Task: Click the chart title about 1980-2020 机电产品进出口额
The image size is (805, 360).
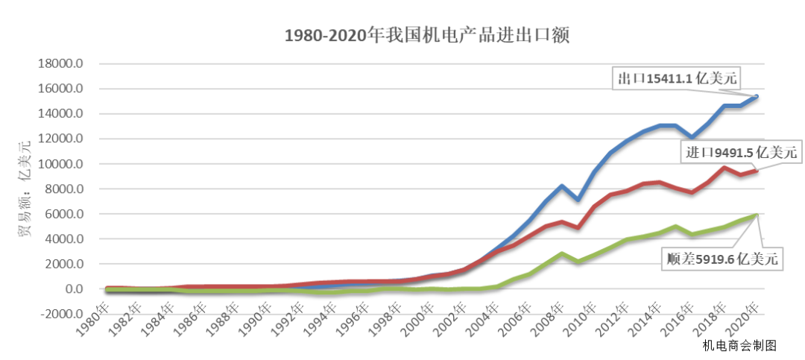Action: [426, 36]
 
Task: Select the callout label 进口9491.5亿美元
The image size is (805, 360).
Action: [741, 153]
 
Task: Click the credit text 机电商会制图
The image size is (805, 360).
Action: [739, 345]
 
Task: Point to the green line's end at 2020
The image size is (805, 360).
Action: [757, 215]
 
